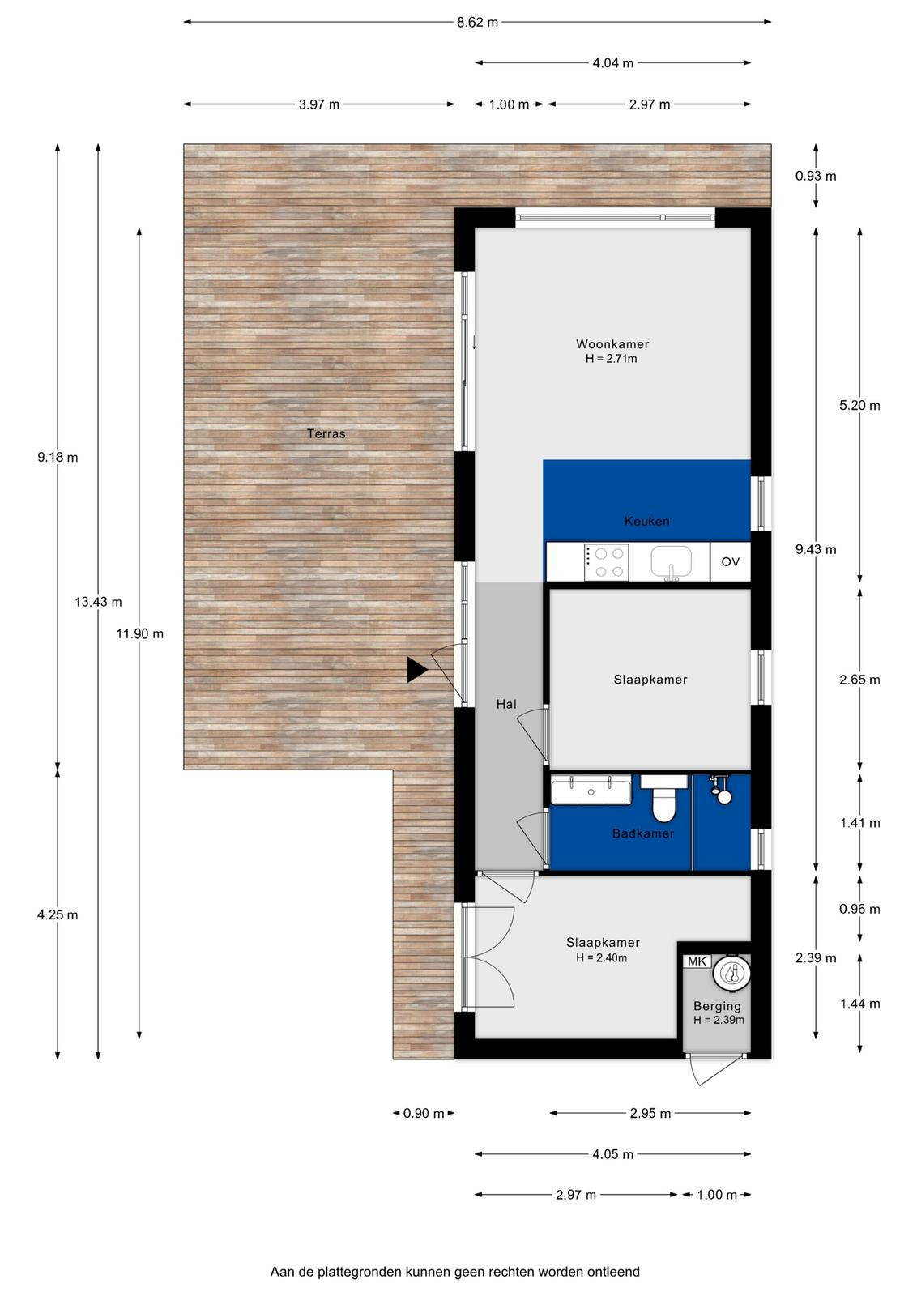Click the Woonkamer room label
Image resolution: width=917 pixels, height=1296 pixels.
click(x=612, y=343)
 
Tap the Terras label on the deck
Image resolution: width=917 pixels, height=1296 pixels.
click(x=326, y=433)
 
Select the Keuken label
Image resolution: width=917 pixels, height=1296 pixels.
click(x=646, y=521)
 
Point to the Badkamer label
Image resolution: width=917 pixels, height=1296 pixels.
click(x=642, y=833)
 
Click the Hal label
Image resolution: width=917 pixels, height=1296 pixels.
click(x=505, y=704)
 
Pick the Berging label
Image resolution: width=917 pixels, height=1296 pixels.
click(x=717, y=1006)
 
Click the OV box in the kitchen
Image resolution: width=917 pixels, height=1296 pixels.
click(x=730, y=561)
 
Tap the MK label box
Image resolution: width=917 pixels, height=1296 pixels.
click(x=697, y=961)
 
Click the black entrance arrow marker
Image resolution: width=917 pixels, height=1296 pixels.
click(x=417, y=670)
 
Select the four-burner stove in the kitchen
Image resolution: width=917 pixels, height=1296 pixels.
click(x=606, y=562)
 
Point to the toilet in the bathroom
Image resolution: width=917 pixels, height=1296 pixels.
click(x=663, y=799)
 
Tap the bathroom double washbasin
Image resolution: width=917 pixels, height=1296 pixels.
click(x=591, y=791)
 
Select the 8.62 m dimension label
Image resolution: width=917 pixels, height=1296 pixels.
click(x=477, y=23)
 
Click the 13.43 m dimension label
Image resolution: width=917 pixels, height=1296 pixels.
click(x=98, y=602)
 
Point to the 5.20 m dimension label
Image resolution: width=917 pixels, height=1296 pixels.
click(x=859, y=406)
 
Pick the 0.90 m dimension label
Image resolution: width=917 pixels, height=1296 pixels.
click(x=424, y=1113)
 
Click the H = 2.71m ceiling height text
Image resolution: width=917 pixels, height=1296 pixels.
click(x=611, y=359)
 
